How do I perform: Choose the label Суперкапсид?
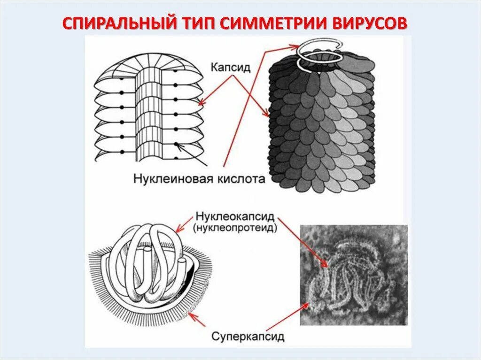pyautogui.click(x=248, y=336)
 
